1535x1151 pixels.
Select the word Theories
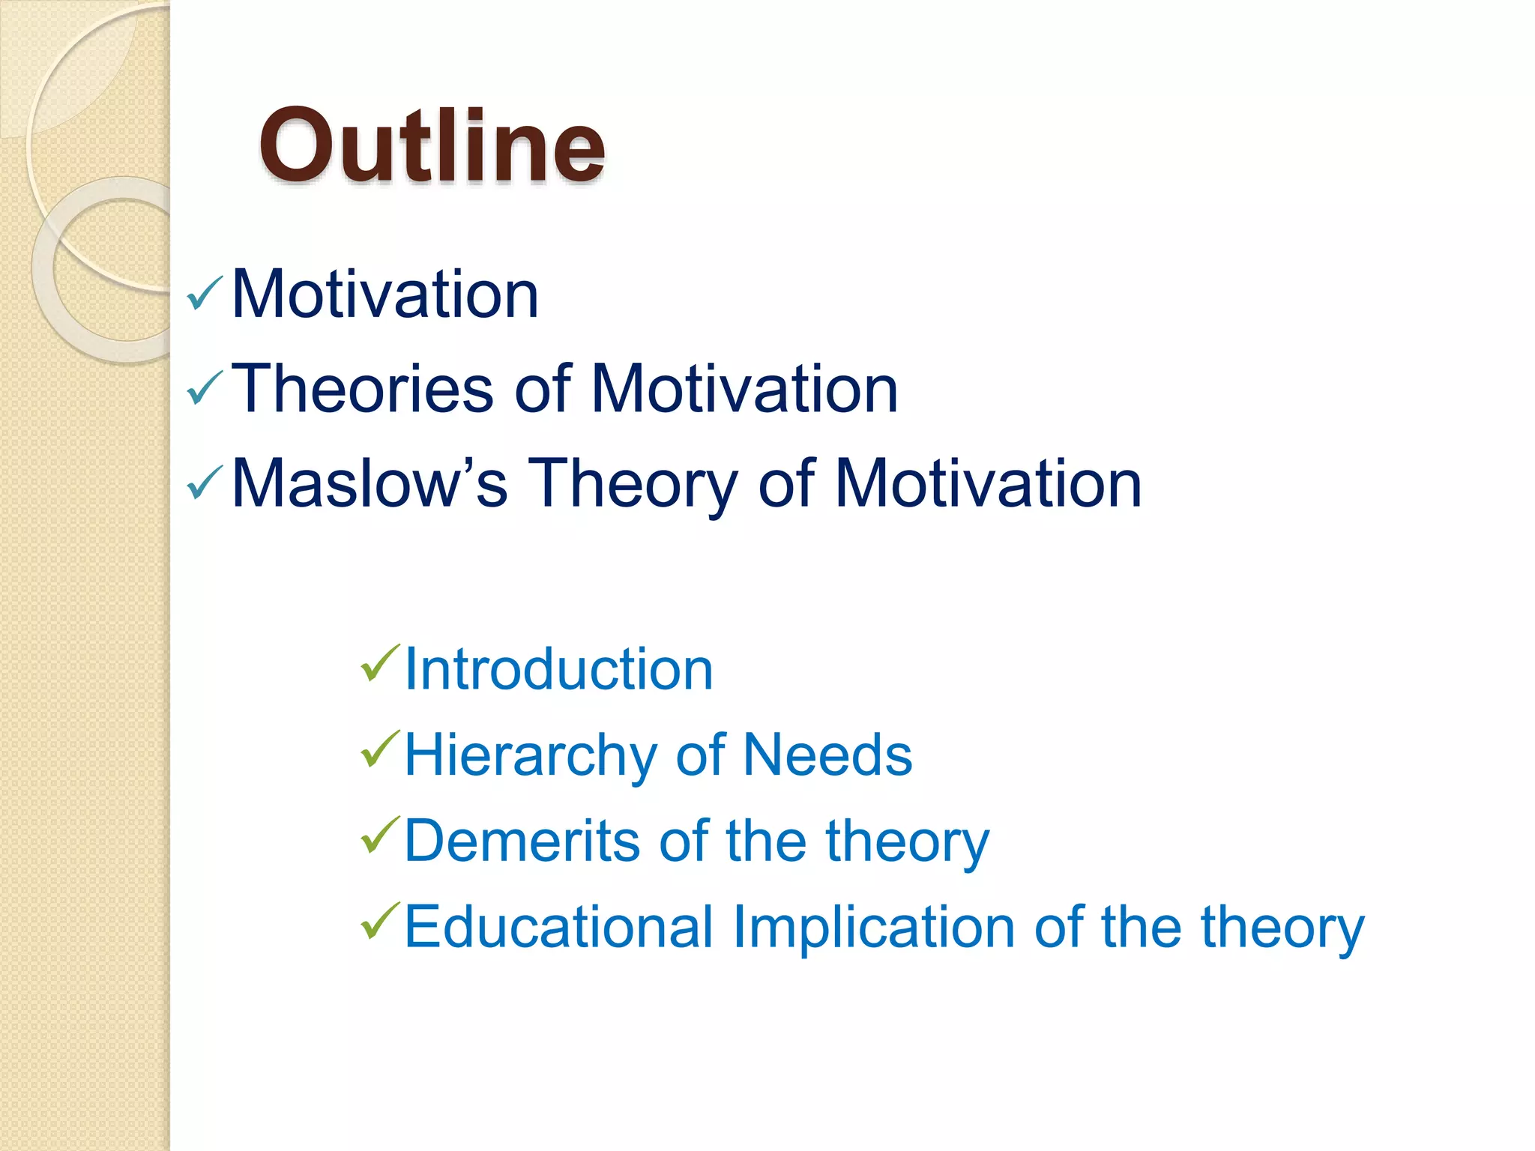pyautogui.click(x=363, y=389)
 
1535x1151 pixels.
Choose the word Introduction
pyautogui.click(x=558, y=669)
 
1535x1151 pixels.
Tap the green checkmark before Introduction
pyautogui.click(x=380, y=662)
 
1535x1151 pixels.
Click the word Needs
pyautogui.click(x=827, y=755)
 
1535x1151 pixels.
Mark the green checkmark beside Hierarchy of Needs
pyautogui.click(x=380, y=749)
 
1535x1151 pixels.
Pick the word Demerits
pyautogui.click(x=522, y=841)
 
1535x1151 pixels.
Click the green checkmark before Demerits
pyautogui.click(x=380, y=835)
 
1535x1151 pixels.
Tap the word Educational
pyautogui.click(x=558, y=927)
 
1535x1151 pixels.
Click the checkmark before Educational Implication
pyautogui.click(x=380, y=921)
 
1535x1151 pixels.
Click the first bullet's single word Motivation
pyautogui.click(x=385, y=294)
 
